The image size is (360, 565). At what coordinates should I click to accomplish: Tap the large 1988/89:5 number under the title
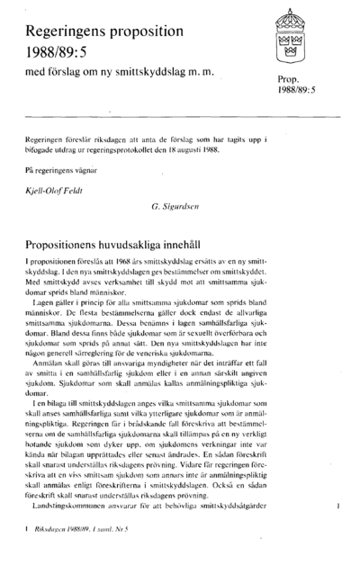click(x=61, y=58)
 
